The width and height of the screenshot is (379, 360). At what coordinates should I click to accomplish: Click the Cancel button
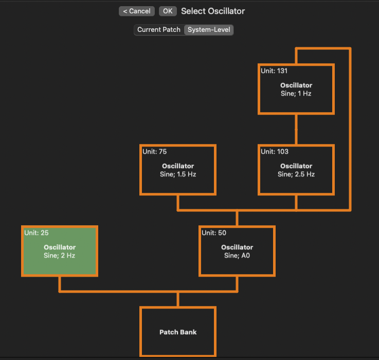[136, 11]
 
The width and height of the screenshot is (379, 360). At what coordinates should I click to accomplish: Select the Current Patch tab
[158, 30]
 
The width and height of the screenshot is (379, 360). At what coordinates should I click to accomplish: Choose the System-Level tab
[209, 30]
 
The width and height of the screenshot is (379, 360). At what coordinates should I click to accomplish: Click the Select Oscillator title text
[213, 11]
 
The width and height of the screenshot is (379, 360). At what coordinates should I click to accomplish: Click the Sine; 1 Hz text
[296, 94]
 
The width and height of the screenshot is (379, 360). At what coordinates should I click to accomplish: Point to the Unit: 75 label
[155, 152]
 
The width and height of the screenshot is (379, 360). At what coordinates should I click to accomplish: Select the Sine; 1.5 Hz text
[178, 174]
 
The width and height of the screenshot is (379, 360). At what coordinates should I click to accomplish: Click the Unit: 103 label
[275, 152]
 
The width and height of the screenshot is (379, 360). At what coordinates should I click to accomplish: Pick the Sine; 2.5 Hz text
[296, 174]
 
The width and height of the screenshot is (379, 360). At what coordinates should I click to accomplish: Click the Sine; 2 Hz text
[60, 256]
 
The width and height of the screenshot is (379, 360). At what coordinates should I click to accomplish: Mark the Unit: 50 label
[214, 233]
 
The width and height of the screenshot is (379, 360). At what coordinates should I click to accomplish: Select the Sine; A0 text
[237, 256]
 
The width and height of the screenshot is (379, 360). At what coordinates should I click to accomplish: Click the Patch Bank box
[178, 332]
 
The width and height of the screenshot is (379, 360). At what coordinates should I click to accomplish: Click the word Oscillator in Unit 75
[178, 166]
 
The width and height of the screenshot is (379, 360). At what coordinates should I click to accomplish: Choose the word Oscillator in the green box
[60, 247]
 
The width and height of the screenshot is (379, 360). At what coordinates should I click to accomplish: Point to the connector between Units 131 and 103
[296, 129]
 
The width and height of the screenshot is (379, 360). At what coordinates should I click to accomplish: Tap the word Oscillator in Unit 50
[237, 247]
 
